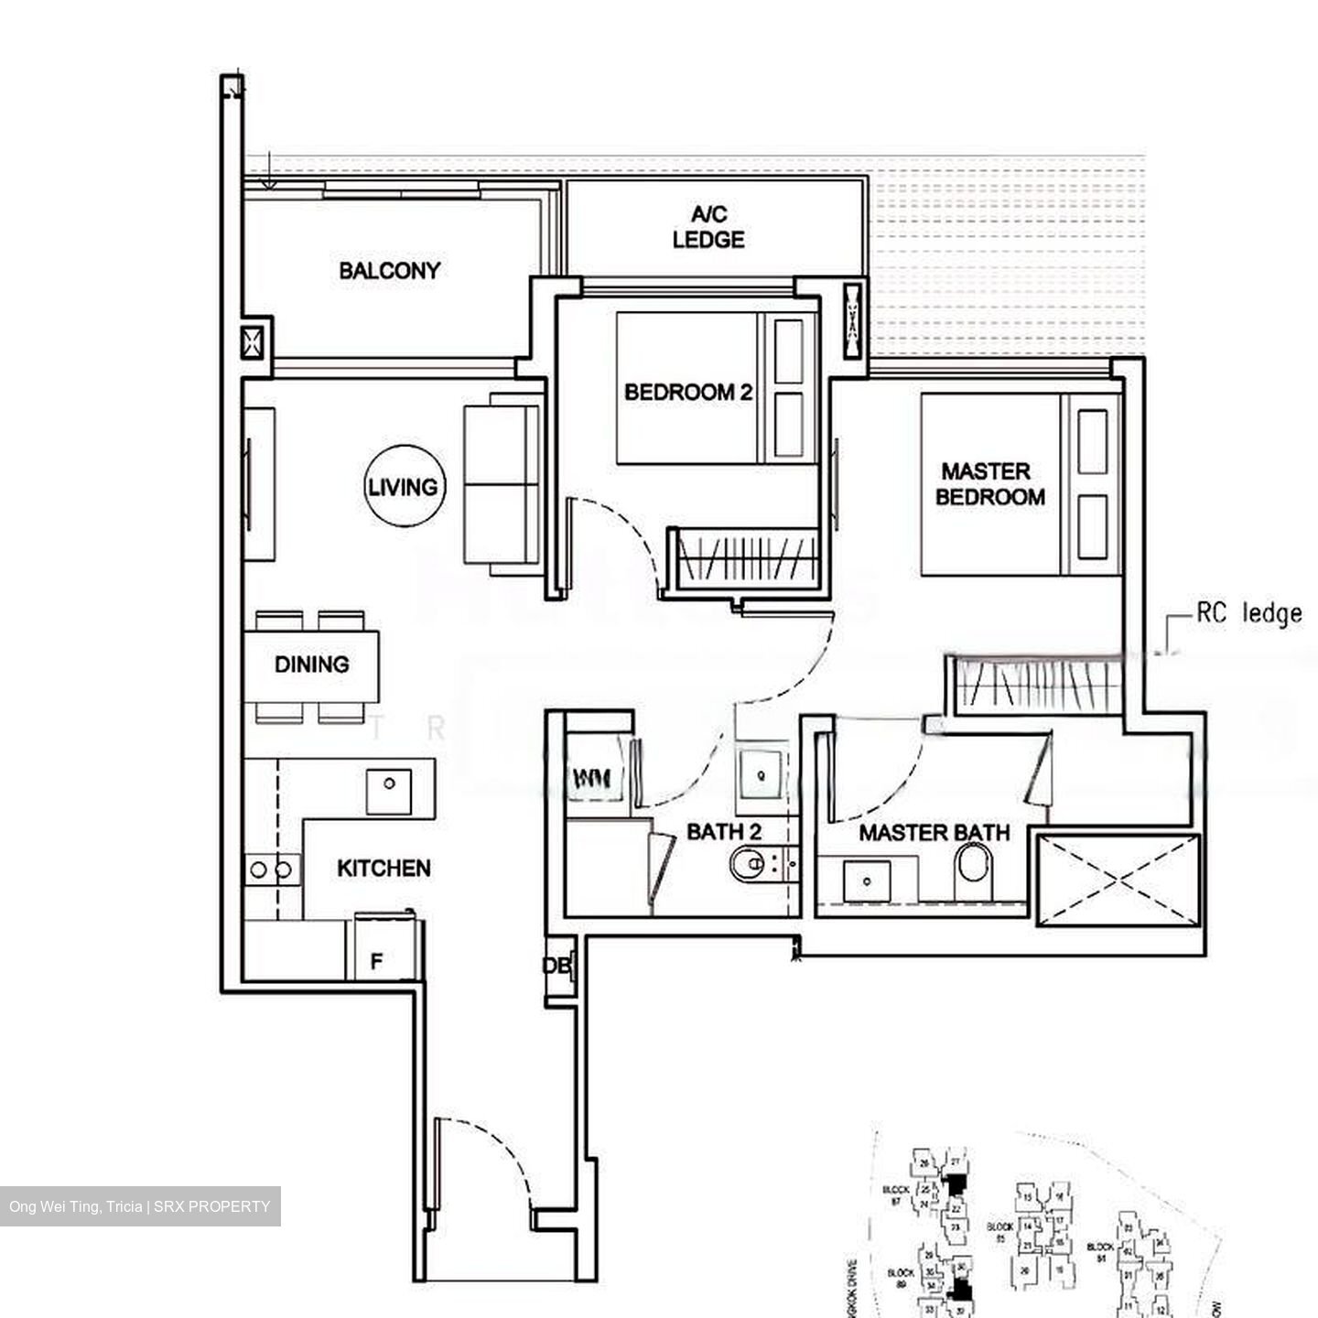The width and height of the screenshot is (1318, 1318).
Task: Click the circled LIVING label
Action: pyautogui.click(x=403, y=487)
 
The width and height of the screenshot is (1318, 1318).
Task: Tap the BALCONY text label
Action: pyautogui.click(x=389, y=271)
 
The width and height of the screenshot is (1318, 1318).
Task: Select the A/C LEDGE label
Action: pyautogui.click(x=708, y=227)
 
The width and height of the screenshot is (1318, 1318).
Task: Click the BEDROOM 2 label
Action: pyautogui.click(x=688, y=393)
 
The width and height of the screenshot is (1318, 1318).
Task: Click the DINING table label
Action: pyautogui.click(x=311, y=664)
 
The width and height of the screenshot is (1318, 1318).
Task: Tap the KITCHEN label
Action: pyautogui.click(x=384, y=868)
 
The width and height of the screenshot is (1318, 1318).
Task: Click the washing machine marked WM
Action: pyautogui.click(x=593, y=778)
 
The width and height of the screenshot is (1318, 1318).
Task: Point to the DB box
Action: pyautogui.click(x=556, y=967)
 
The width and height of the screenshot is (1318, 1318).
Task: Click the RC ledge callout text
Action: pyautogui.click(x=1248, y=613)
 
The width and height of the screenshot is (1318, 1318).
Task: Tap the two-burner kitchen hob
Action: pyautogui.click(x=271, y=870)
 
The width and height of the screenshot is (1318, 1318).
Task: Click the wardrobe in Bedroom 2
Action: pyautogui.click(x=744, y=559)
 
